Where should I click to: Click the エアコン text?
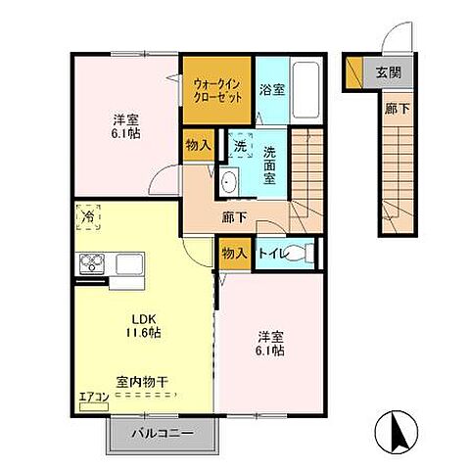pos(94,397)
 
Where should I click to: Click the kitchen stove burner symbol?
pos(93,262)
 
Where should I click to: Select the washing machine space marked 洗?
pos(240,145)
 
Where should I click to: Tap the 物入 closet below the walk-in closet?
pos(197,145)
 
